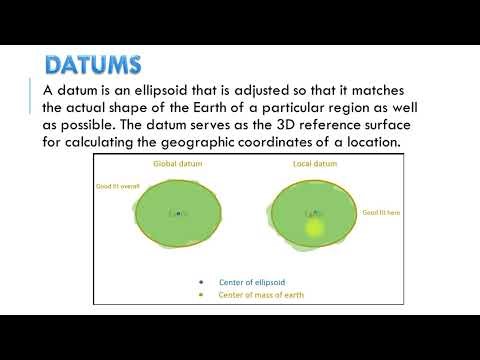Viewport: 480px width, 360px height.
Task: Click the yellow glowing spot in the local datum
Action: click(x=315, y=228)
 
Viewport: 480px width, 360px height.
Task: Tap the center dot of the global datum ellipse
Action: click(x=178, y=212)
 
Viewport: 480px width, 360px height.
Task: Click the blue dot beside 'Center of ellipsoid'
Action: click(x=201, y=282)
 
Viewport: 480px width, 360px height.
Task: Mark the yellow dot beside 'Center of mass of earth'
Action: click(x=201, y=295)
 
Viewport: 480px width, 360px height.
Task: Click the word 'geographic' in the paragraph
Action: click(x=215, y=144)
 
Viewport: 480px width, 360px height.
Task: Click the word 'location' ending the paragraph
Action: click(x=369, y=144)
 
